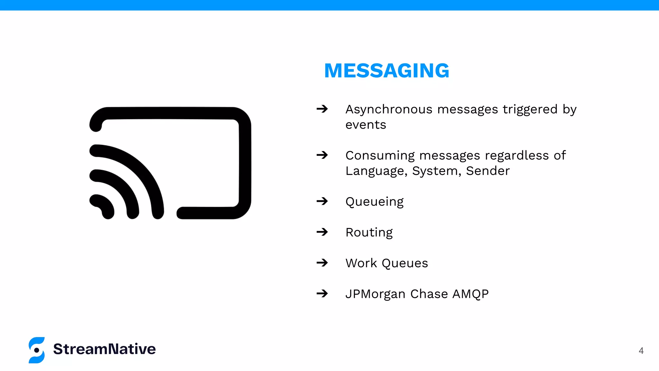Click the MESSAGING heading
tap(386, 71)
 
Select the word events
tap(366, 125)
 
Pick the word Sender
tap(488, 171)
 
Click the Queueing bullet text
tap(374, 202)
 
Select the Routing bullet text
tap(369, 233)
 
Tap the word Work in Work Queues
tap(361, 263)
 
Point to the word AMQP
tap(470, 294)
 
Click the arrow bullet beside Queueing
tap(322, 201)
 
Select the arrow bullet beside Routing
tap(322, 232)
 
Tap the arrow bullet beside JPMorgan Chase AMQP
tap(322, 293)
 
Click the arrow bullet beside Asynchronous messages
tap(322, 109)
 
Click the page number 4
tap(641, 351)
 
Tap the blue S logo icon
tap(37, 350)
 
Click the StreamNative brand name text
tap(104, 349)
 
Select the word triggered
tap(530, 109)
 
